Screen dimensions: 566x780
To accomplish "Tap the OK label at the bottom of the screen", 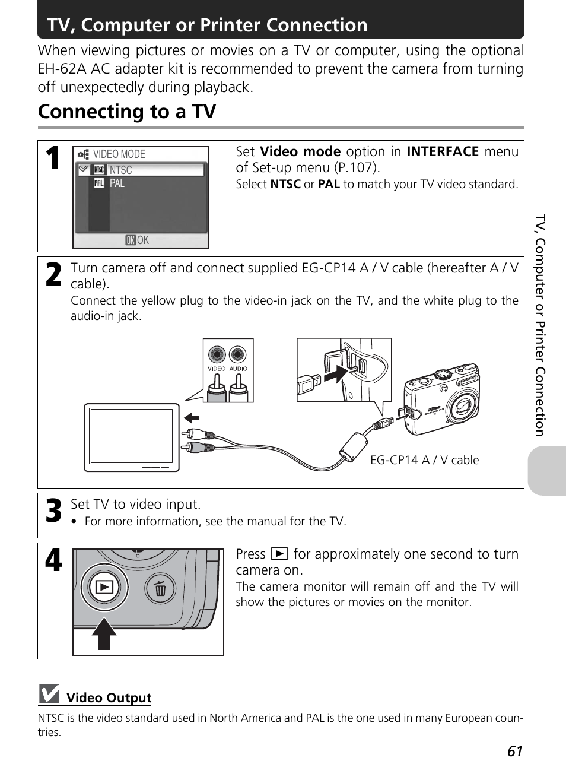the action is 137,240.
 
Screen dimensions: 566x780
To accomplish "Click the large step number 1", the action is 53,158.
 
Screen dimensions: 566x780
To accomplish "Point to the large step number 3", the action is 53,511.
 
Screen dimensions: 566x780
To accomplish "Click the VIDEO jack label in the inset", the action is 217,369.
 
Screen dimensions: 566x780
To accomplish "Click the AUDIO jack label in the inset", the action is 239,369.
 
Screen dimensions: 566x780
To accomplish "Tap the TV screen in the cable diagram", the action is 131,436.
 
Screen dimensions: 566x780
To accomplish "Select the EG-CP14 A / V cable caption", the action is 424,460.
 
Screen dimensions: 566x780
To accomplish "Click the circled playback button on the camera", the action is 104,587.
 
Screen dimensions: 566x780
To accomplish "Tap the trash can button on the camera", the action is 160,588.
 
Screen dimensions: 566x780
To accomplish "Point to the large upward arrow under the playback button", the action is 104,633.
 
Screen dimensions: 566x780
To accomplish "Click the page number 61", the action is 515,752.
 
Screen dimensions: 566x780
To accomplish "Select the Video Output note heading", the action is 109,697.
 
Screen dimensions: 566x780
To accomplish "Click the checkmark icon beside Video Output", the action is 49,694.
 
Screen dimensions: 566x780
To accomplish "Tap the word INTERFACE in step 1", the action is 443,151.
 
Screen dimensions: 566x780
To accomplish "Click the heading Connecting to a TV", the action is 127,112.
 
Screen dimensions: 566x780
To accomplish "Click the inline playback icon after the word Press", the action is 279,554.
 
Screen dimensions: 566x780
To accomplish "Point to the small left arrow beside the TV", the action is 191,417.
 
